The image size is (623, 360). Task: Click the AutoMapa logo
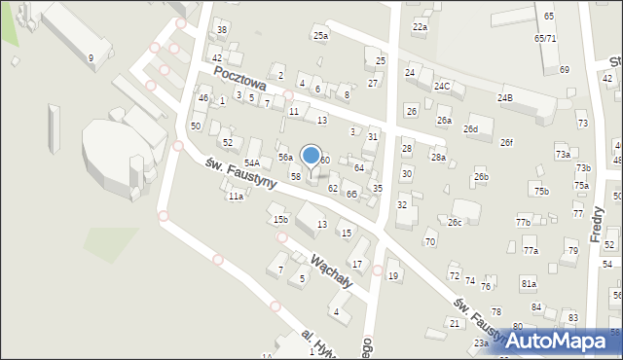(x=563, y=341)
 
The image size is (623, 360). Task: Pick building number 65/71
(x=545, y=38)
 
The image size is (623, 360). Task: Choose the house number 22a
(x=420, y=27)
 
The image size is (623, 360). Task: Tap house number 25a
(x=320, y=36)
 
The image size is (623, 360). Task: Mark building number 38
(x=222, y=30)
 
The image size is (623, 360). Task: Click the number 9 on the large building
(x=91, y=58)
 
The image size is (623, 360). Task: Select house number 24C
(x=443, y=86)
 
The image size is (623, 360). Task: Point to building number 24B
(x=505, y=97)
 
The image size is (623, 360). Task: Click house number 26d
(x=471, y=128)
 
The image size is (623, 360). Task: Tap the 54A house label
(x=252, y=162)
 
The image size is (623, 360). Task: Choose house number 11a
(x=236, y=197)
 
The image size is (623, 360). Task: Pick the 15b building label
(x=280, y=219)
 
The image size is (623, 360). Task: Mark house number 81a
(x=529, y=283)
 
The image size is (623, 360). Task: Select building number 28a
(x=439, y=157)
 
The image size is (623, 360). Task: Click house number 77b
(x=523, y=223)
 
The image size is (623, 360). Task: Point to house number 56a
(x=285, y=157)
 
